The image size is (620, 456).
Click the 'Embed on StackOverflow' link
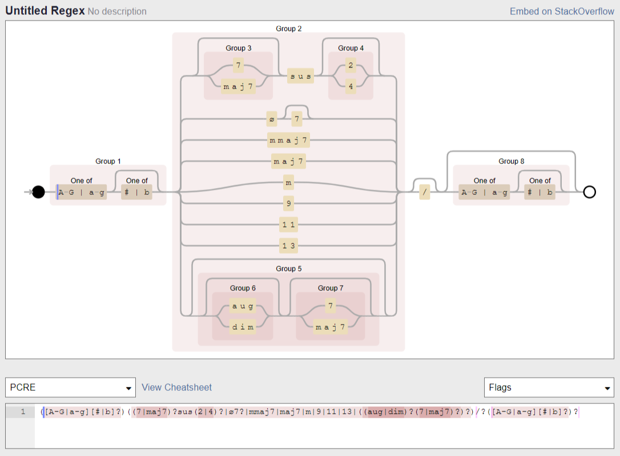(x=562, y=11)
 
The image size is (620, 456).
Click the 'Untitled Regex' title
(x=45, y=11)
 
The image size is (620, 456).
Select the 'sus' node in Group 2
(x=300, y=76)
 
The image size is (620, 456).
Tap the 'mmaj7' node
(x=288, y=140)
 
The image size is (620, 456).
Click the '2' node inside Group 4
(x=351, y=66)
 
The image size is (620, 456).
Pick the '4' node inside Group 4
(x=351, y=87)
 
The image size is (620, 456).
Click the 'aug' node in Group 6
(x=243, y=306)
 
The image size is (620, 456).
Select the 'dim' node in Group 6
(x=243, y=327)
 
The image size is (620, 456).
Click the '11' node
(x=288, y=225)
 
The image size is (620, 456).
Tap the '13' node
(x=288, y=246)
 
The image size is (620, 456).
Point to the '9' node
(x=288, y=203)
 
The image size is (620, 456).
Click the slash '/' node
(x=424, y=193)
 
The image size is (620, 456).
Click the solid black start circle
(x=38, y=192)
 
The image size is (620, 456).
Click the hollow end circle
(x=590, y=192)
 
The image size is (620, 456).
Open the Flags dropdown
(x=549, y=387)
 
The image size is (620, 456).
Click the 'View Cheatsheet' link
(x=176, y=387)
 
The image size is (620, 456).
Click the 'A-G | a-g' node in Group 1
(x=82, y=193)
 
